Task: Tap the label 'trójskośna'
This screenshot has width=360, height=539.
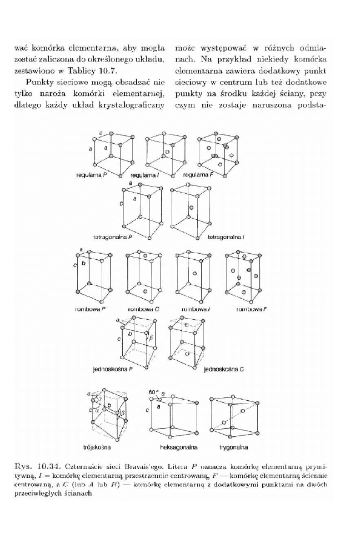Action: (98, 446)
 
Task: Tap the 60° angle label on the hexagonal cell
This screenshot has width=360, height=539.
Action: (154, 392)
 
